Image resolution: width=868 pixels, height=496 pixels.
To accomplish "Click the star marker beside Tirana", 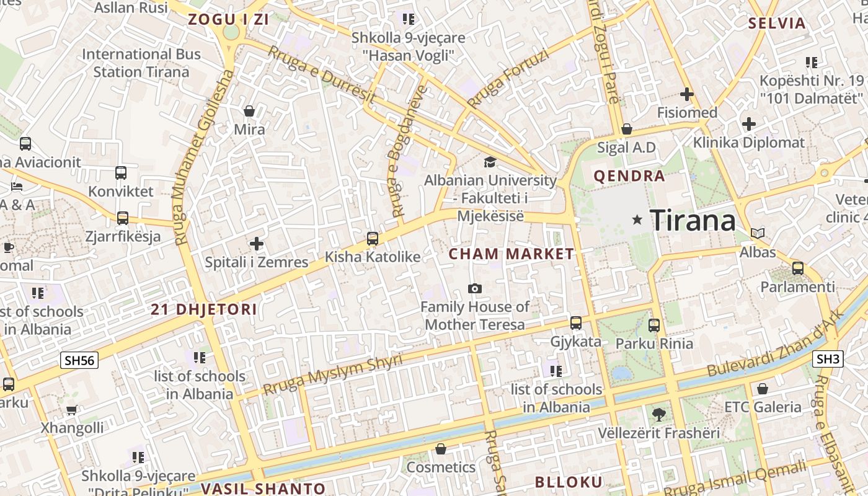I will tap(637, 219).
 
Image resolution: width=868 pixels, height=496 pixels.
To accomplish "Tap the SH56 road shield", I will tap(80, 360).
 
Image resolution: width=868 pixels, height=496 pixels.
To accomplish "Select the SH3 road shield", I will tap(828, 358).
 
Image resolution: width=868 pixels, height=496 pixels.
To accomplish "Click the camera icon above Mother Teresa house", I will tap(475, 288).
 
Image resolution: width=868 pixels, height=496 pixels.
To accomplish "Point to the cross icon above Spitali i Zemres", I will tap(257, 244).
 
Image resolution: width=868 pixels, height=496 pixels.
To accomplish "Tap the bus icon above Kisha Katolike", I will tap(372, 238).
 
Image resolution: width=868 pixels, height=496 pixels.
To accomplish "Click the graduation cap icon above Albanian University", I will tap(490, 162).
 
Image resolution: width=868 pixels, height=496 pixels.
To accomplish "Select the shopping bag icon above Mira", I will tap(249, 111).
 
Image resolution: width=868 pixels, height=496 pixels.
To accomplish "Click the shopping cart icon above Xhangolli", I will tap(72, 410).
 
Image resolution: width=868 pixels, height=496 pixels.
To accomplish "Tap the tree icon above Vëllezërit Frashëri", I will tap(658, 414).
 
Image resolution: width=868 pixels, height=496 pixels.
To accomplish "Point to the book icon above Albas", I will tap(757, 234).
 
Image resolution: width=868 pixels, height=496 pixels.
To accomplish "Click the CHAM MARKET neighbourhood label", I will tap(511, 254).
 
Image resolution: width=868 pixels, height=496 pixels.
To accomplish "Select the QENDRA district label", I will tap(629, 176).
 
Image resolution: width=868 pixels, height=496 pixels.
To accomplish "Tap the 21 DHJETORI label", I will tap(204, 309).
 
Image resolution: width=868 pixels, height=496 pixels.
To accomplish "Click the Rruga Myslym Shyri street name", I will tap(333, 375).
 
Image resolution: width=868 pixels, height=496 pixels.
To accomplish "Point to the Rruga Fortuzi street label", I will tap(508, 79).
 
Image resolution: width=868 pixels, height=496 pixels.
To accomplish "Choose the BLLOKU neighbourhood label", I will tap(569, 482).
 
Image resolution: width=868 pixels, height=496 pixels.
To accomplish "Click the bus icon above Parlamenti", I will tap(798, 268).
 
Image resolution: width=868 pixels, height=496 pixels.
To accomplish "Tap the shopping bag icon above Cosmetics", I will tap(441, 449).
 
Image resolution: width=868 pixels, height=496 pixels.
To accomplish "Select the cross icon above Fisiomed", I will tap(686, 94).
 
